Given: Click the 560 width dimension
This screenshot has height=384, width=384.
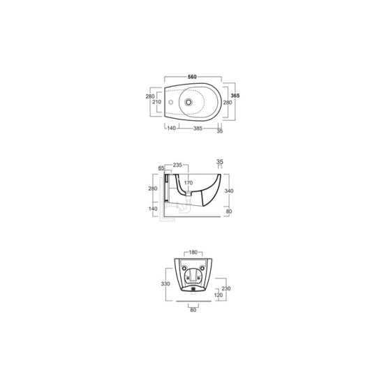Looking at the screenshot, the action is click(x=192, y=77).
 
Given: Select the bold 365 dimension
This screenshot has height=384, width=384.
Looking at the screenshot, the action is click(x=235, y=96).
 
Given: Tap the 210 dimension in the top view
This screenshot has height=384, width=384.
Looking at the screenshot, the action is click(x=156, y=102).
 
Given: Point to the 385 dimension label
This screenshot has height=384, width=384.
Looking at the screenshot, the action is click(x=198, y=128).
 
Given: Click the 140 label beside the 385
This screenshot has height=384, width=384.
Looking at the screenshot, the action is click(x=172, y=128).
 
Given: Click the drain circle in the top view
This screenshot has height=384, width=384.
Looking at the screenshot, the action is click(x=189, y=102).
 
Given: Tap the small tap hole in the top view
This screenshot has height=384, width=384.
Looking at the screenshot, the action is click(x=171, y=102).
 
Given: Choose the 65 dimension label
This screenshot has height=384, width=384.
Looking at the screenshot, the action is click(x=161, y=168).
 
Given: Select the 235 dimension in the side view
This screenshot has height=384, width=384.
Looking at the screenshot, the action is click(x=177, y=165).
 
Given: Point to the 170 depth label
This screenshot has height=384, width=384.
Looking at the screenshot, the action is click(x=189, y=183).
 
